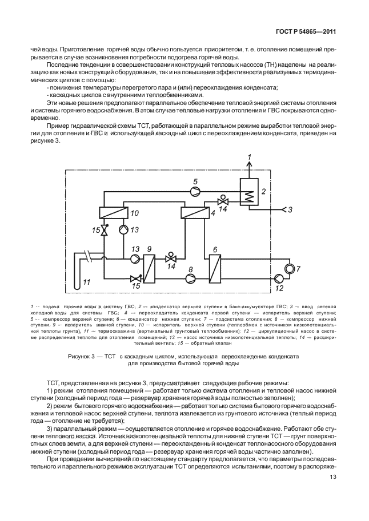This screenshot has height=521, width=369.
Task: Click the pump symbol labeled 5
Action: (193, 191)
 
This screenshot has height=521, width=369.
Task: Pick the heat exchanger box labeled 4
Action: (194, 213)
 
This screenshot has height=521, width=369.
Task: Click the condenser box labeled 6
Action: (215, 269)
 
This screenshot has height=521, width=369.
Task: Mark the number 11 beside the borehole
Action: (86, 282)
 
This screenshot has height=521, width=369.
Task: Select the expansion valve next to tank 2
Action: (222, 201)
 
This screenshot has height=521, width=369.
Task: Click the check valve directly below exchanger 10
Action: (104, 230)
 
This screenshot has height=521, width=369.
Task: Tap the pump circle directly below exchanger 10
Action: (123, 230)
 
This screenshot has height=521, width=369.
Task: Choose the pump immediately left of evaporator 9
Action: (135, 258)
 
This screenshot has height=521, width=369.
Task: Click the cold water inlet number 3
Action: (290, 209)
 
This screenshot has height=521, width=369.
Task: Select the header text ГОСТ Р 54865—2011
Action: (306, 32)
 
